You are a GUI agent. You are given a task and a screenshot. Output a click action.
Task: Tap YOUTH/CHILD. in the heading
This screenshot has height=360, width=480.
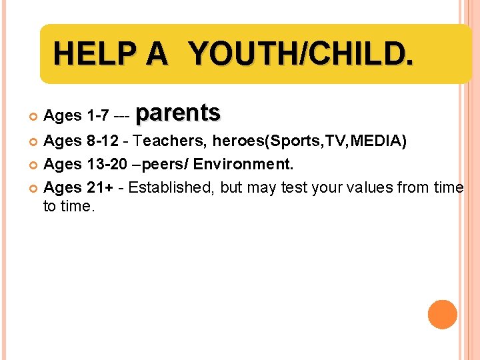[x=301, y=53]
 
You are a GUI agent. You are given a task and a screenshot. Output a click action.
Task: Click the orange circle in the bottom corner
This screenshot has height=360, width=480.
[x=443, y=315]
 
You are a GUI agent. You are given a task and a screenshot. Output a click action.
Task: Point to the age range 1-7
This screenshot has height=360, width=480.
[x=98, y=116]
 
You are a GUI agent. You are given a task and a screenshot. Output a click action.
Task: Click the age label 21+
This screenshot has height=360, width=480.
[x=99, y=188]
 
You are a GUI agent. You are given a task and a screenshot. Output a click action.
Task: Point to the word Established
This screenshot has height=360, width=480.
[x=170, y=188]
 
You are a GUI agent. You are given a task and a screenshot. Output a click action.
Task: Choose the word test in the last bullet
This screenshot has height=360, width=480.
[x=297, y=188]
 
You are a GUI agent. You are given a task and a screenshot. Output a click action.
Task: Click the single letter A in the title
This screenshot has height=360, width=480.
[x=158, y=53]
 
